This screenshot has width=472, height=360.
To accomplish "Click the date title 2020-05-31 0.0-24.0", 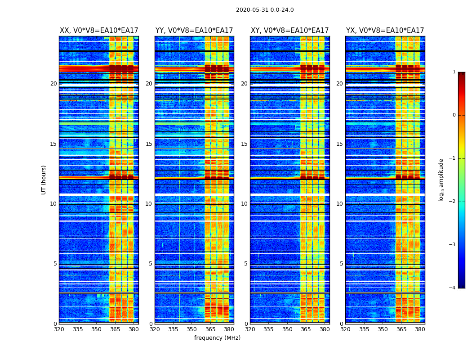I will click(x=265, y=10).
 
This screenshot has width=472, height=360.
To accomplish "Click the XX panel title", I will click(x=99, y=31).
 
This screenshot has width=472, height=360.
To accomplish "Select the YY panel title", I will click(x=194, y=31).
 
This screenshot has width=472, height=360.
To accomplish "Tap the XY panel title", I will click(x=289, y=31).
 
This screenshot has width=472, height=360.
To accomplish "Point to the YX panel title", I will click(x=385, y=31).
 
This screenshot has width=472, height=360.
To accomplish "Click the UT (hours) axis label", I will click(x=44, y=180).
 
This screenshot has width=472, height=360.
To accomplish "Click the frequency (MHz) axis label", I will click(x=217, y=338).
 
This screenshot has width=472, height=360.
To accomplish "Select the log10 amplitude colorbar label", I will click(x=441, y=180).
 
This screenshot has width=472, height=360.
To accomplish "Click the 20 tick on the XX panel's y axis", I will click(x=53, y=84).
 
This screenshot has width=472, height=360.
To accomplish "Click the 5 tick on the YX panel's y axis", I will click(x=341, y=264).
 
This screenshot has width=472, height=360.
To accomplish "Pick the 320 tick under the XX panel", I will click(x=59, y=329).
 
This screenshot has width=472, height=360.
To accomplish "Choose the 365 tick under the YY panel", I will click(x=210, y=329).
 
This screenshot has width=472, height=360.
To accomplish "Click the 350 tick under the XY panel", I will click(x=287, y=329).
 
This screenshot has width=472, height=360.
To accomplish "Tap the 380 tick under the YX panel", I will click(x=420, y=329).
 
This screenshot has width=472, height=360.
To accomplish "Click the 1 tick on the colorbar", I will click(x=454, y=72).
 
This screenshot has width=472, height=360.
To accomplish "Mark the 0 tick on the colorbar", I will click(x=454, y=115).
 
